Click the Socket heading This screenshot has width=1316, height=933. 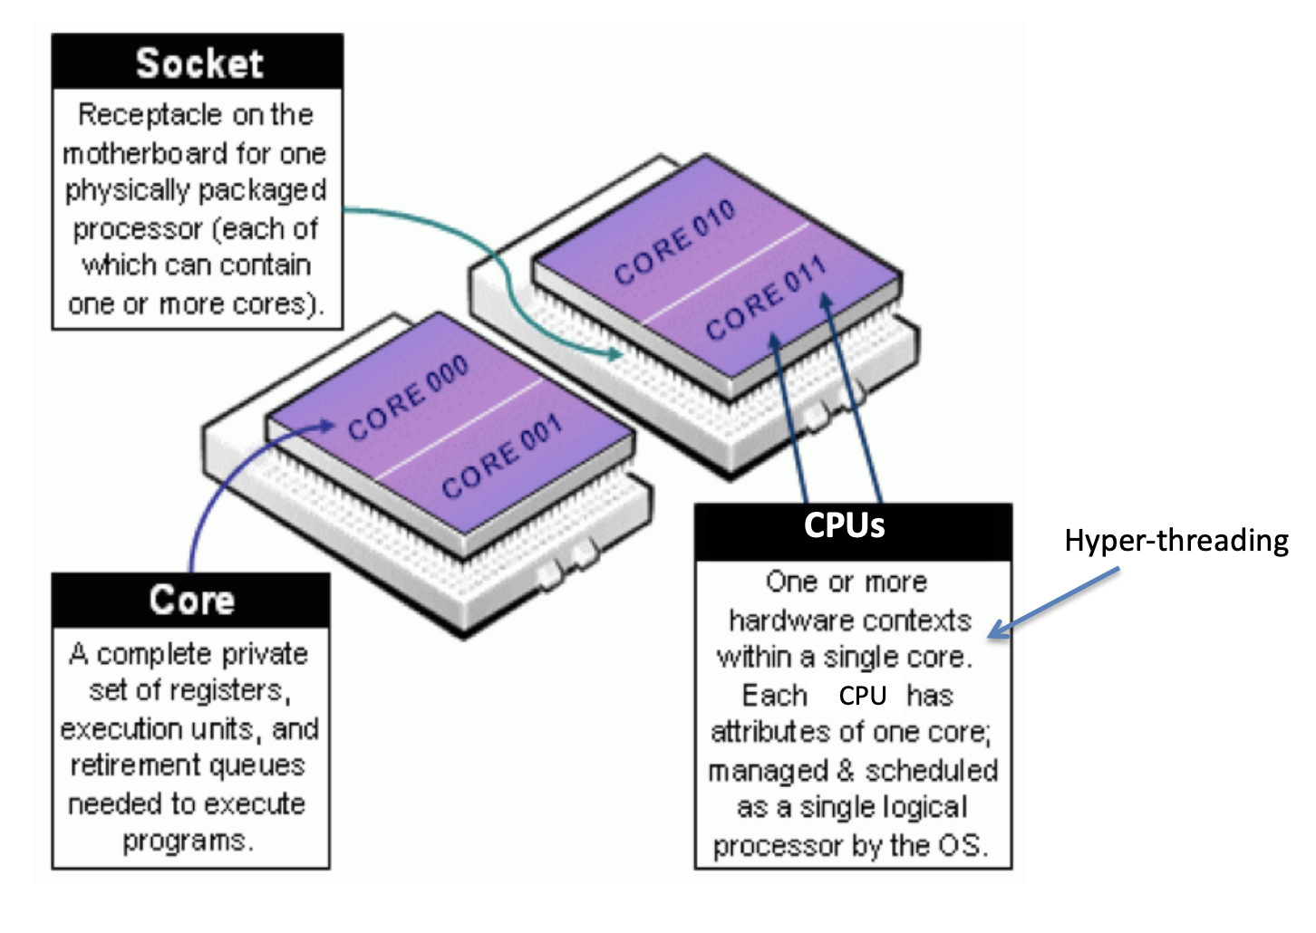[x=199, y=63]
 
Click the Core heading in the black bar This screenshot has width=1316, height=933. [x=192, y=600]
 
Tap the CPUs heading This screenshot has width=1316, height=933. [x=844, y=524]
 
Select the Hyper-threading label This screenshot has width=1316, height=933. [x=1176, y=541]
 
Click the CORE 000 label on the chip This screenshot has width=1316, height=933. [x=409, y=398]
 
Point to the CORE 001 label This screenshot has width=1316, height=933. [x=502, y=455]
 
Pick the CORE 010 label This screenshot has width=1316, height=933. [x=674, y=241]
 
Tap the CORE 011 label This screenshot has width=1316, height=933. [x=766, y=298]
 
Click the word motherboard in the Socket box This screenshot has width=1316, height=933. [x=145, y=154]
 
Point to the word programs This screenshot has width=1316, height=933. [x=188, y=842]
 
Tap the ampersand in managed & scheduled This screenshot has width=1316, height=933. [x=846, y=771]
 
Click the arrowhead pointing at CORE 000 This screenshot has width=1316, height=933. [x=327, y=425]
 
